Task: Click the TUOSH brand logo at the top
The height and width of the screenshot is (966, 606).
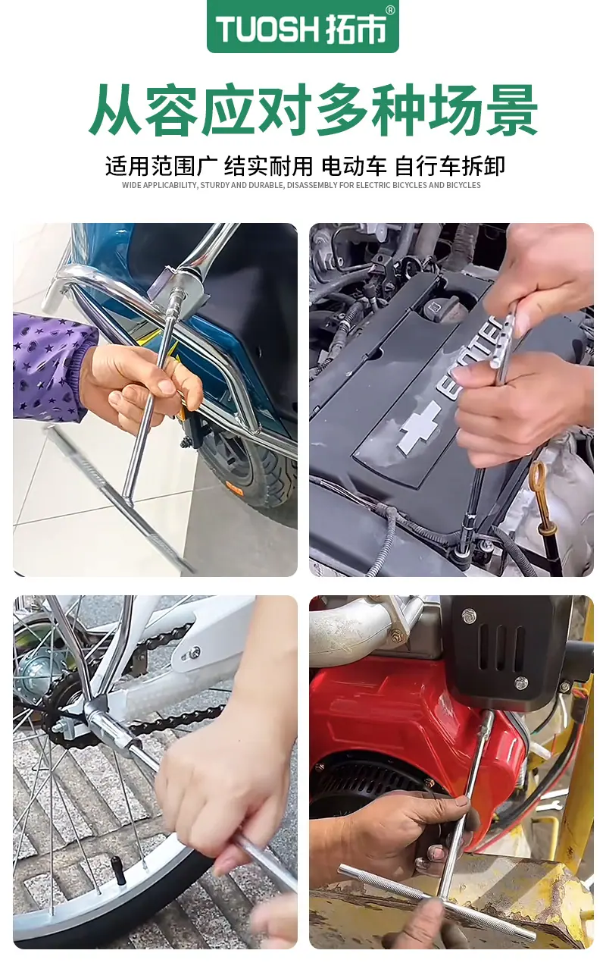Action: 302,27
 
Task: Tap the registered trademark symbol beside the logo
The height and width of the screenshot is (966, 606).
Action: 389,11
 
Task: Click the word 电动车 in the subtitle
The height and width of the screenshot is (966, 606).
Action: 354,167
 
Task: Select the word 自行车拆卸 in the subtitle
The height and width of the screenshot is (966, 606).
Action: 450,167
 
